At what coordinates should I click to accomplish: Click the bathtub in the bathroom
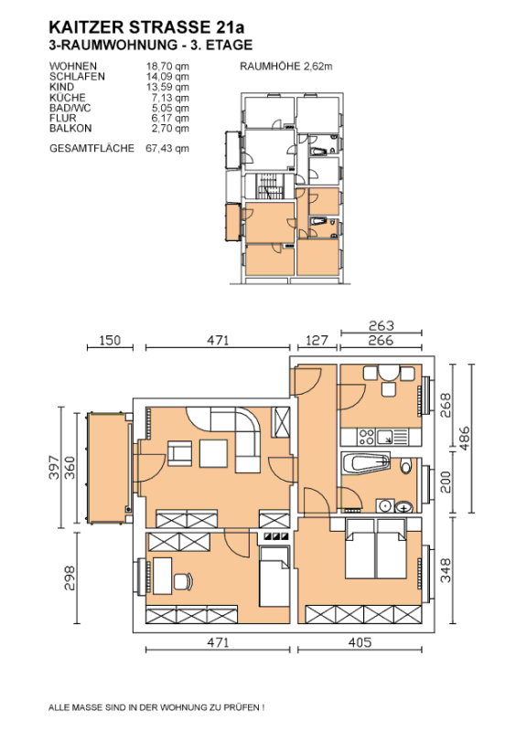[x=366, y=463]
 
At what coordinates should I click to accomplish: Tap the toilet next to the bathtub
[x=405, y=466]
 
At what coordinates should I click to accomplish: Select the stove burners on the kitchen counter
[x=366, y=438]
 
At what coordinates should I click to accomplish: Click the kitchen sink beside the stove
[x=386, y=438]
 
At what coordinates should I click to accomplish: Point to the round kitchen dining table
[x=389, y=374]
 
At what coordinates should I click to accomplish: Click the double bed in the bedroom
[x=375, y=549]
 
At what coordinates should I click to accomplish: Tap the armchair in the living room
[x=180, y=453]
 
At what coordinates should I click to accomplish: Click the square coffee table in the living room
[x=213, y=453]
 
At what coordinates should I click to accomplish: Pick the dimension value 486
[x=464, y=439]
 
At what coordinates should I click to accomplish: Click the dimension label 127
[x=317, y=340]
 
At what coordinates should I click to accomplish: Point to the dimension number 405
[x=360, y=642]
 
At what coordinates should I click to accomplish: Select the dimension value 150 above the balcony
[x=110, y=340]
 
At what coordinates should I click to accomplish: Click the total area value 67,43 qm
[x=167, y=148]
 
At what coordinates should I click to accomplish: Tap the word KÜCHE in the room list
[x=68, y=98]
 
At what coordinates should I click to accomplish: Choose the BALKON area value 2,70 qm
[x=170, y=128]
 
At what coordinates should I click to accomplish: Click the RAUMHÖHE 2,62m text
[x=286, y=66]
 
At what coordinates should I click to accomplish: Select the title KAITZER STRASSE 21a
[x=146, y=27]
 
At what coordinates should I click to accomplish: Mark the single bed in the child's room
[x=274, y=577]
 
